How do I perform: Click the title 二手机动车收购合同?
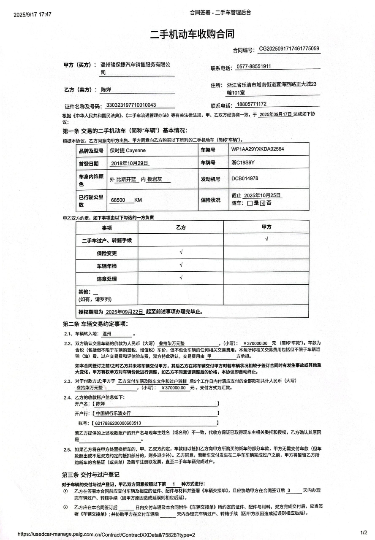click(192, 34)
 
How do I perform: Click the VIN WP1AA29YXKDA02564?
click(258, 149)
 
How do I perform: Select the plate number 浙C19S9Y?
click(243, 162)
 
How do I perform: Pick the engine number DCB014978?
click(245, 179)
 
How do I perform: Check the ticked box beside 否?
click(262, 203)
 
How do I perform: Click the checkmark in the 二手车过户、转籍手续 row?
click(266, 240)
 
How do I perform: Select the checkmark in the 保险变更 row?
click(181, 252)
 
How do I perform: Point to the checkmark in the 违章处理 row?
click(181, 278)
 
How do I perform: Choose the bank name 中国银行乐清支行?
click(114, 413)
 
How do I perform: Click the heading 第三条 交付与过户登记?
click(91, 475)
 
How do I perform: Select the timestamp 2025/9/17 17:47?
click(33, 14)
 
